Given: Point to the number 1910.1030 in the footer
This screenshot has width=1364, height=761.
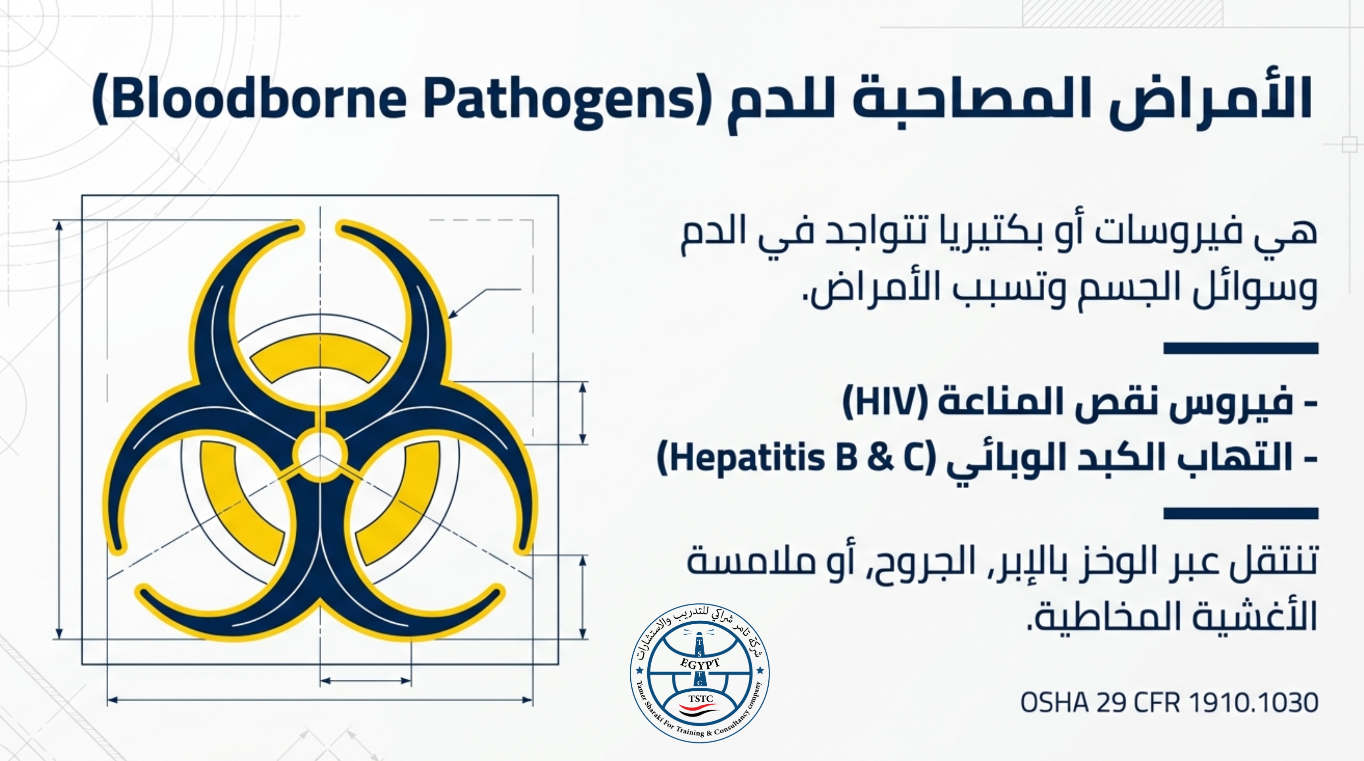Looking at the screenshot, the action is pyautogui.click(x=1253, y=703).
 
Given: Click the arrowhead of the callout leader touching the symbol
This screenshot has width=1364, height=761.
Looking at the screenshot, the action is pyautogui.click(x=453, y=314).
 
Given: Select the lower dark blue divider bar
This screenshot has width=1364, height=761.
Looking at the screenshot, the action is pyautogui.click(x=1240, y=513).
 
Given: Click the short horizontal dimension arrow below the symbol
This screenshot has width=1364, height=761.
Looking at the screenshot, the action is pyautogui.click(x=365, y=681).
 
